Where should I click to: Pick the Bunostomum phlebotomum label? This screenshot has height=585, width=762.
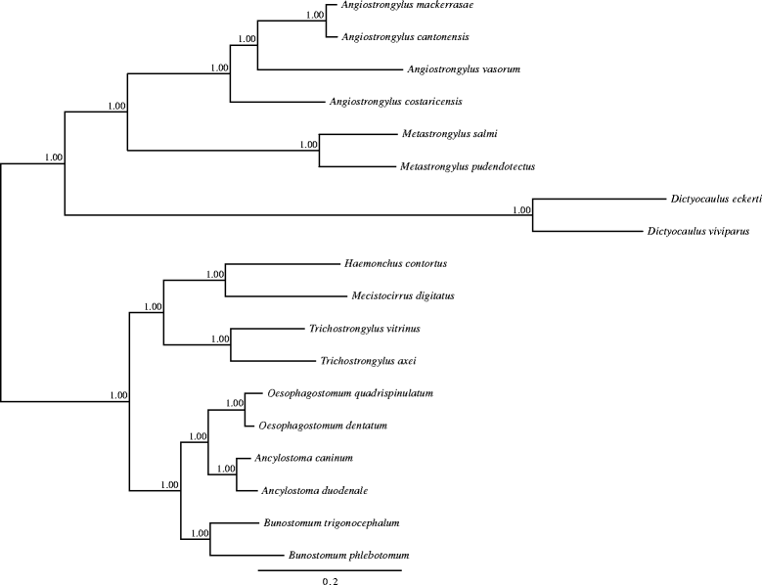pyautogui.click(x=347, y=555)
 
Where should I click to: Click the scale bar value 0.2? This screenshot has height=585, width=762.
pyautogui.click(x=331, y=580)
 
